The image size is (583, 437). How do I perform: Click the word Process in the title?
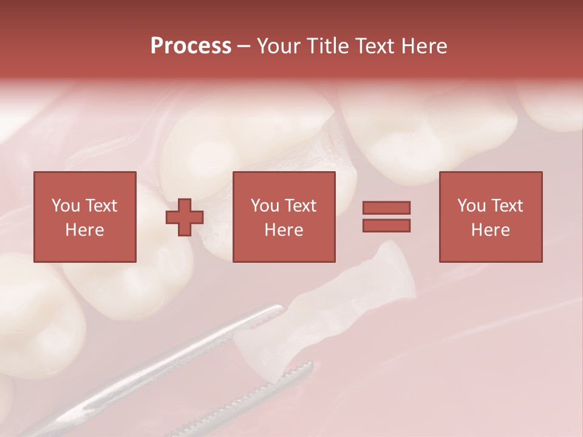(191, 46)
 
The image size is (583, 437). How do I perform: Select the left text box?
(84, 217)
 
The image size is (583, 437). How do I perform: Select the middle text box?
(284, 217)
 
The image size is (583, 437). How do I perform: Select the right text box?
(490, 217)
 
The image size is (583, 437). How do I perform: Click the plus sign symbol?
(185, 217)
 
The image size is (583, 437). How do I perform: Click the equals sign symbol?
(386, 217)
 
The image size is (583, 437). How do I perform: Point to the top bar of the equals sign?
(386, 208)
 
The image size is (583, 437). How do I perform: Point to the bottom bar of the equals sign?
(386, 225)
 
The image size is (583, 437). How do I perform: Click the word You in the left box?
(65, 206)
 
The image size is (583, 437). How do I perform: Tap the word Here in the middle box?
(284, 230)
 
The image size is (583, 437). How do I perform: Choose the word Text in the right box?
(506, 206)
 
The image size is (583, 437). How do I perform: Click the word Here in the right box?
(490, 230)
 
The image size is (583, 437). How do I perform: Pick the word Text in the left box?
(101, 206)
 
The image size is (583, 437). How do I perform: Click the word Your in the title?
(280, 46)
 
